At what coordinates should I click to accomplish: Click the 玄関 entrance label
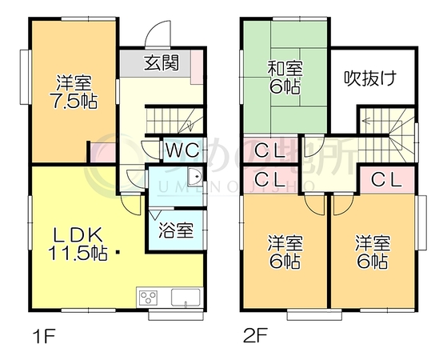pyautogui.click(x=161, y=62)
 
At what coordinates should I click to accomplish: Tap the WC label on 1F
pyautogui.click(x=183, y=150)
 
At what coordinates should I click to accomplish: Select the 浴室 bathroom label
pyautogui.click(x=176, y=230)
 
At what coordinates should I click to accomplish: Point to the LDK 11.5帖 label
pyautogui.click(x=78, y=244)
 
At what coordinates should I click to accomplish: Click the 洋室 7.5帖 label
pyautogui.click(x=74, y=92)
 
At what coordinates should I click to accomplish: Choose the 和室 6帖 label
pyautogui.click(x=285, y=78)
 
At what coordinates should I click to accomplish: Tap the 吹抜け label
pyautogui.click(x=370, y=78)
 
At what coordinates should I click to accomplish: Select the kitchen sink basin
pyautogui.click(x=186, y=298)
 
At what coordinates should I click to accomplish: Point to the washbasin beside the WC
pyautogui.click(x=195, y=177)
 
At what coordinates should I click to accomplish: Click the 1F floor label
pyautogui.click(x=44, y=336)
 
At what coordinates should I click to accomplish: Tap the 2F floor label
pyautogui.click(x=255, y=336)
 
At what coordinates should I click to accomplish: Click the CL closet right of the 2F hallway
pyautogui.click(x=386, y=180)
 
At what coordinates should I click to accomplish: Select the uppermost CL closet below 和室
pyautogui.click(x=270, y=150)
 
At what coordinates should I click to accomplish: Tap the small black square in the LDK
pyautogui.click(x=118, y=252)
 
